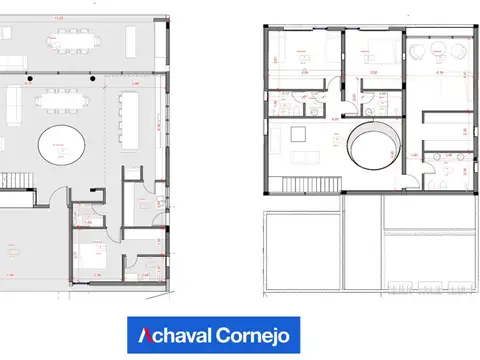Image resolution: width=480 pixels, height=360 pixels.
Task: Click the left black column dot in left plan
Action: (x=30, y=78)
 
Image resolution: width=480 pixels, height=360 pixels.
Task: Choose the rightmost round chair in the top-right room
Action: (x=463, y=51)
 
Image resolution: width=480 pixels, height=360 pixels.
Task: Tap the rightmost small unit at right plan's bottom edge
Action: (x=461, y=287)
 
